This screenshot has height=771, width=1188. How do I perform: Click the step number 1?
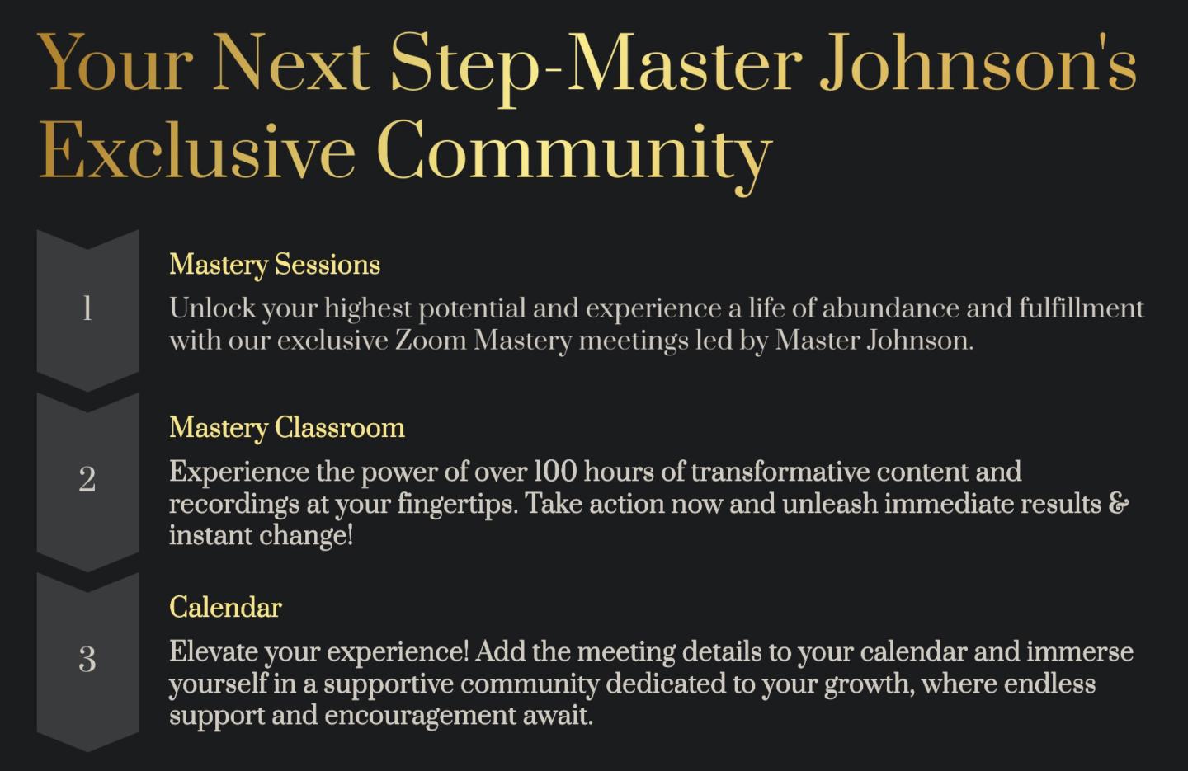point(87,309)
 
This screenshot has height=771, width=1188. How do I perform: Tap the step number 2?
point(87,480)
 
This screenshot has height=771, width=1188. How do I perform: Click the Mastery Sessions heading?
point(275,265)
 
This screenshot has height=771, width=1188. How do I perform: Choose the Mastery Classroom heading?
point(287,428)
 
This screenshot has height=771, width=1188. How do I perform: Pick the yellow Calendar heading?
point(225,608)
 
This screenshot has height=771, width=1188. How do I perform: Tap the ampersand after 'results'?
point(1120,503)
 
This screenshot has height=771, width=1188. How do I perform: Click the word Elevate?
point(214,652)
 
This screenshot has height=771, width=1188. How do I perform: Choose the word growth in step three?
point(867,684)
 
